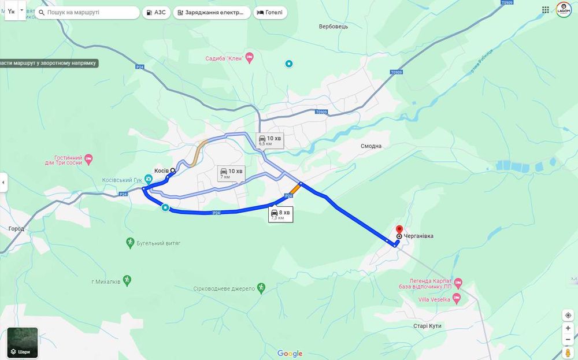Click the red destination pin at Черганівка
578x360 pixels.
point(399,229)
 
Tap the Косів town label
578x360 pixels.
point(161,170)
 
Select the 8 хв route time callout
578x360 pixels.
point(280,214)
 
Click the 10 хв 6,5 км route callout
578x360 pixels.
point(270,140)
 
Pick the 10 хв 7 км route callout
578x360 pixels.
point(231,173)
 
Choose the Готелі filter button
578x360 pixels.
point(270,12)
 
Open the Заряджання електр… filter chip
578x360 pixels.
point(212,12)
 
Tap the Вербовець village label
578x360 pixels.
point(334,27)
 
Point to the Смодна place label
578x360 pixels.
point(371,146)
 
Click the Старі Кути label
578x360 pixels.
point(427,326)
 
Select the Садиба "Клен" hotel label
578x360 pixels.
point(224,58)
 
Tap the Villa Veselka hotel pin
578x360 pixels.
point(457,299)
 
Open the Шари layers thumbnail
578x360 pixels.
point(23,343)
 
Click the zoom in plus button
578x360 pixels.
point(568,328)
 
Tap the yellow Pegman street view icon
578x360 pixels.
point(568,352)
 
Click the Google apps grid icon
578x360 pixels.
point(546,10)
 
